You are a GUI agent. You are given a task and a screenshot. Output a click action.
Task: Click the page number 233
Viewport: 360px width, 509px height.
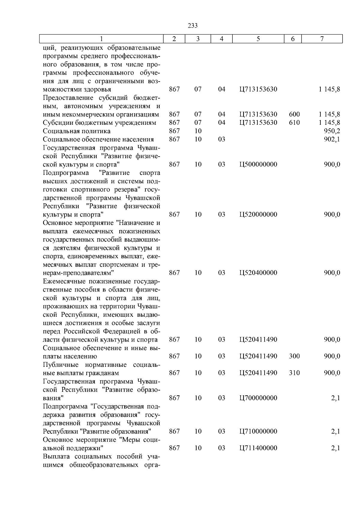192,26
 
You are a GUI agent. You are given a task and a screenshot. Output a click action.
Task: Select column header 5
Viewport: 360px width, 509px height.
258,39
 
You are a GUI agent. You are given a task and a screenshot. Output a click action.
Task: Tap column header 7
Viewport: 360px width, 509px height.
322,39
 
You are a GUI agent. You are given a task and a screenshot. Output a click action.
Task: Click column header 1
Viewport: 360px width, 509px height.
101,39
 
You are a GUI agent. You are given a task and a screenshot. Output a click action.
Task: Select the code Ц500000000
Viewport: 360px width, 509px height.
258,164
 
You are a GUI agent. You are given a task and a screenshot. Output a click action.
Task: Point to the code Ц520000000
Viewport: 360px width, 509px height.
258,214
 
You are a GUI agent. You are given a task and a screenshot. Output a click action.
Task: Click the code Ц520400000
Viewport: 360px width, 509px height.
258,273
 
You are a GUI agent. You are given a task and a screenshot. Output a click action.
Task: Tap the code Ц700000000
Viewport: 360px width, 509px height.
258,398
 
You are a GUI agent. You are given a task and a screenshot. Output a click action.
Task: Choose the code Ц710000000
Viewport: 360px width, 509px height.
258,431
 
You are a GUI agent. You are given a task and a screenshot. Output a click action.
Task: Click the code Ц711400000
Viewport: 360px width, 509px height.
258,448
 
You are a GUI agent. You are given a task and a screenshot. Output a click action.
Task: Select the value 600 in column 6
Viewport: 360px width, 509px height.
294,114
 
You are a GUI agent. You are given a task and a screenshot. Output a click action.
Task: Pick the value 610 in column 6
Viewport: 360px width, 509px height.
294,123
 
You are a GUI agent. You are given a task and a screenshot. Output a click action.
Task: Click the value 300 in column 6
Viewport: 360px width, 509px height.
294,356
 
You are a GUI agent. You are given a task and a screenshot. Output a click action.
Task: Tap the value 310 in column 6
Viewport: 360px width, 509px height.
294,373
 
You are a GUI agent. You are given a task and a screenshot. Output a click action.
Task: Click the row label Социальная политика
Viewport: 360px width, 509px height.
76,131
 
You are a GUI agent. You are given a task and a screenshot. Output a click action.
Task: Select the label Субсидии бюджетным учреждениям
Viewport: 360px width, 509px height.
99,123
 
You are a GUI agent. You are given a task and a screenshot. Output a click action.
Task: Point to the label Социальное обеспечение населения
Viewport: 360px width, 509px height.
98,139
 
